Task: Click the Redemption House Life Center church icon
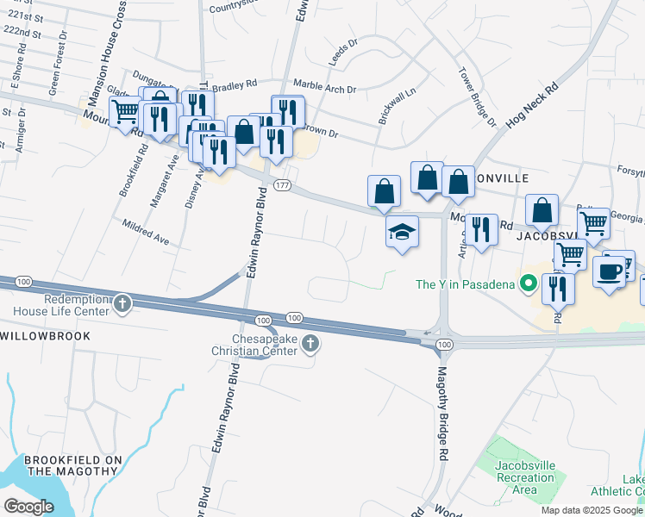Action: point(122,302)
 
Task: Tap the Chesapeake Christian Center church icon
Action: point(310,345)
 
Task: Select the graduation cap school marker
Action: point(402,232)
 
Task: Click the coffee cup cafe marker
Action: point(609,271)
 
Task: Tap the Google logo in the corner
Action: point(29,506)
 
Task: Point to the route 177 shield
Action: point(281,186)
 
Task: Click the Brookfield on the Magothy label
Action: point(72,465)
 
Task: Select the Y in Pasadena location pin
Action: point(527,283)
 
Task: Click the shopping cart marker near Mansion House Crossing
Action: point(126,112)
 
